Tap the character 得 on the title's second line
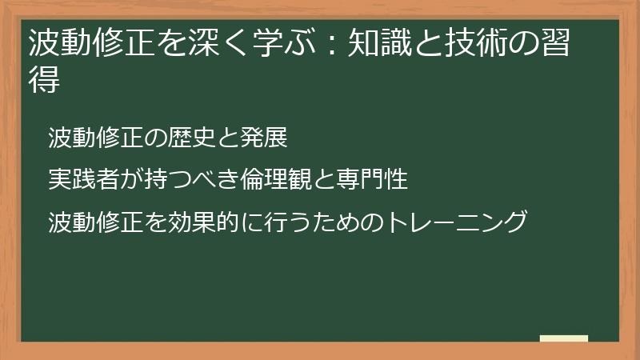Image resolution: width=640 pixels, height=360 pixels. [44, 80]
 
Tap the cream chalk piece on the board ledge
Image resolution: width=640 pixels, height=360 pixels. [564, 339]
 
